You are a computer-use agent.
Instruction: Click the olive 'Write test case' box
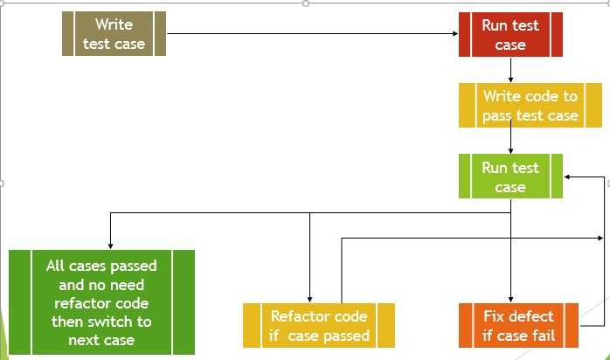coord(114,34)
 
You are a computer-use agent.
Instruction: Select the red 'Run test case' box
coord(510,34)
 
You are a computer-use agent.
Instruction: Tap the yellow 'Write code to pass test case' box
coord(530,106)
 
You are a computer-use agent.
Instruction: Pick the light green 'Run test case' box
coord(510,177)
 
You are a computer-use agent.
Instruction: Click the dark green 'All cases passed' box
coord(101,301)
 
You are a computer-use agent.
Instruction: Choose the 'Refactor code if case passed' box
coord(319,325)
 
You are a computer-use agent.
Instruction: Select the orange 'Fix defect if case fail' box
coord(518,325)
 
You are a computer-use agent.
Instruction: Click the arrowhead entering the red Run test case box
coord(454,34)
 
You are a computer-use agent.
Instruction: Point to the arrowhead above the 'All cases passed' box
coord(110,245)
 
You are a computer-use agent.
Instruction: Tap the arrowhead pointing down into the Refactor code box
coord(309,298)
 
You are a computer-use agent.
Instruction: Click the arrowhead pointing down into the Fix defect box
coord(510,298)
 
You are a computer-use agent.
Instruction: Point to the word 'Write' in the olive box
coord(114,24)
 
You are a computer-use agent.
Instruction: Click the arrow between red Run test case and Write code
coord(510,70)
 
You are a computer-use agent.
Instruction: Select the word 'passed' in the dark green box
coord(133,266)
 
